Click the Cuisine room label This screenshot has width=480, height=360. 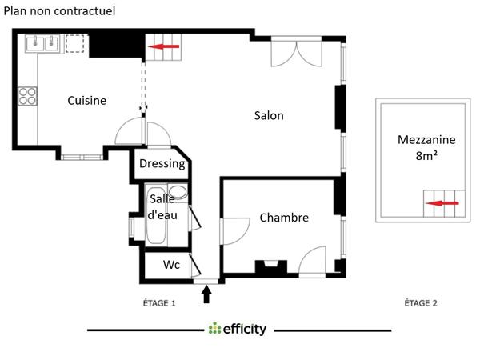pyautogui.click(x=86, y=100)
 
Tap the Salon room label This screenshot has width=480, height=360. pyautogui.click(x=269, y=115)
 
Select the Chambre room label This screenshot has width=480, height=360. pyautogui.click(x=284, y=218)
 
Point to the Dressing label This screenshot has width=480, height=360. pyautogui.click(x=162, y=164)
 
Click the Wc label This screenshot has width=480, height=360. pyautogui.click(x=171, y=265)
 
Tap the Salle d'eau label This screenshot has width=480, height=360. pyautogui.click(x=162, y=207)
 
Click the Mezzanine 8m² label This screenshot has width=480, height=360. pyautogui.click(x=426, y=147)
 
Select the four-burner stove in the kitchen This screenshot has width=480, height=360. pyautogui.click(x=29, y=96)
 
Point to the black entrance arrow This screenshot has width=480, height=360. pyautogui.click(x=206, y=294)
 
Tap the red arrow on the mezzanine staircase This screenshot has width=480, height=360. pyautogui.click(x=443, y=204)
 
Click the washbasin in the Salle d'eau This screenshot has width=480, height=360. pyautogui.click(x=179, y=194)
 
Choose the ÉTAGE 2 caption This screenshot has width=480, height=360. pyautogui.click(x=421, y=303)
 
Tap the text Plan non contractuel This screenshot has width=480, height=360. pyautogui.click(x=60, y=11)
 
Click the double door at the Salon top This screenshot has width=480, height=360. pyautogui.click(x=296, y=53)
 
